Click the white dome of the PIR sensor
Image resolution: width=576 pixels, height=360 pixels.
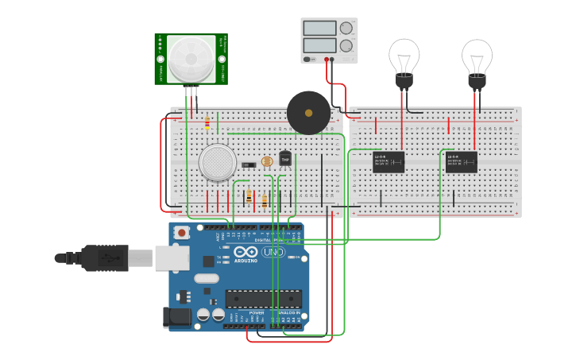coord(191,57)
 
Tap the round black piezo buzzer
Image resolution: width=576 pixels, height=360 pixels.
coord(308,112)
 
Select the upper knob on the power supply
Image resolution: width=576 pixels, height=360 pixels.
coord(346,29)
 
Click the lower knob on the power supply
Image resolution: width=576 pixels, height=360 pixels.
coord(346,46)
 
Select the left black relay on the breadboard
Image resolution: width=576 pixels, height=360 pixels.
coord(389,161)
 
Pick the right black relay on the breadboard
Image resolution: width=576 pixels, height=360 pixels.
coord(462,161)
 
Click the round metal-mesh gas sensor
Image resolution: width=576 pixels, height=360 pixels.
coord(218,162)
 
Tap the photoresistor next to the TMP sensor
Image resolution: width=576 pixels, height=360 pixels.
coord(266,163)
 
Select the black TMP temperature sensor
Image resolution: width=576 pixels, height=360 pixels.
coord(284,159)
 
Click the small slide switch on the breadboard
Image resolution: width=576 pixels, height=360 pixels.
coord(248,165)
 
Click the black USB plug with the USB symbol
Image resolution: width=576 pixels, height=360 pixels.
coord(103,257)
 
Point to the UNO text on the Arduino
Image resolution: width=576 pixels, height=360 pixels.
coord(273,253)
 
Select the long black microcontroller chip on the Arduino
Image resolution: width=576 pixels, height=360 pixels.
coord(264,299)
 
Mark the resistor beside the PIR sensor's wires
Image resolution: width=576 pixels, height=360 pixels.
coord(207,123)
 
